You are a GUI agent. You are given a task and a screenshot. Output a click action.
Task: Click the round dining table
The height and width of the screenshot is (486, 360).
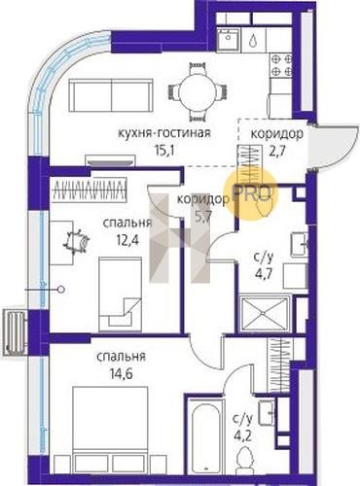197,91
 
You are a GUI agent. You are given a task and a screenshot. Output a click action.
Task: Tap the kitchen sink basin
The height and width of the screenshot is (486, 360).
229,39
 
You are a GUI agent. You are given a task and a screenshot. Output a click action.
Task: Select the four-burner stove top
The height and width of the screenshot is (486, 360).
282,65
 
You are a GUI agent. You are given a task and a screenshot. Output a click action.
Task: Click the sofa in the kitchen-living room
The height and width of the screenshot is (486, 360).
111,96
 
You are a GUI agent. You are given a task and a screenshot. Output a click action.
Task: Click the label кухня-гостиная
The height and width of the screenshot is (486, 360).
164,133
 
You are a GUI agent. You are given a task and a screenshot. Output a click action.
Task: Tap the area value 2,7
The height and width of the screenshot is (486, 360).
277,151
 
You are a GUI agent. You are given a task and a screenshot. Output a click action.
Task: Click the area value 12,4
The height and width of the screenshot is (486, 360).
127,241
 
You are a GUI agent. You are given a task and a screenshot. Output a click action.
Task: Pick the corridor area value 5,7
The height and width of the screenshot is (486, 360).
203,216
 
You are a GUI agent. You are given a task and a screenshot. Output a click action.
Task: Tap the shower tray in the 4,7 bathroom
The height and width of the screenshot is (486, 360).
265,314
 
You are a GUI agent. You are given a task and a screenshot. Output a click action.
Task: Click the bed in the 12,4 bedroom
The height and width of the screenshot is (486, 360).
120,294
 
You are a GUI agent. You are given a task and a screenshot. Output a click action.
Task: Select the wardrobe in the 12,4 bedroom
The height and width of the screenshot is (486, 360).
89,190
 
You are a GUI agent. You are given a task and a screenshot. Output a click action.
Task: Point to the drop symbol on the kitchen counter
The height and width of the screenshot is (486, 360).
253,41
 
